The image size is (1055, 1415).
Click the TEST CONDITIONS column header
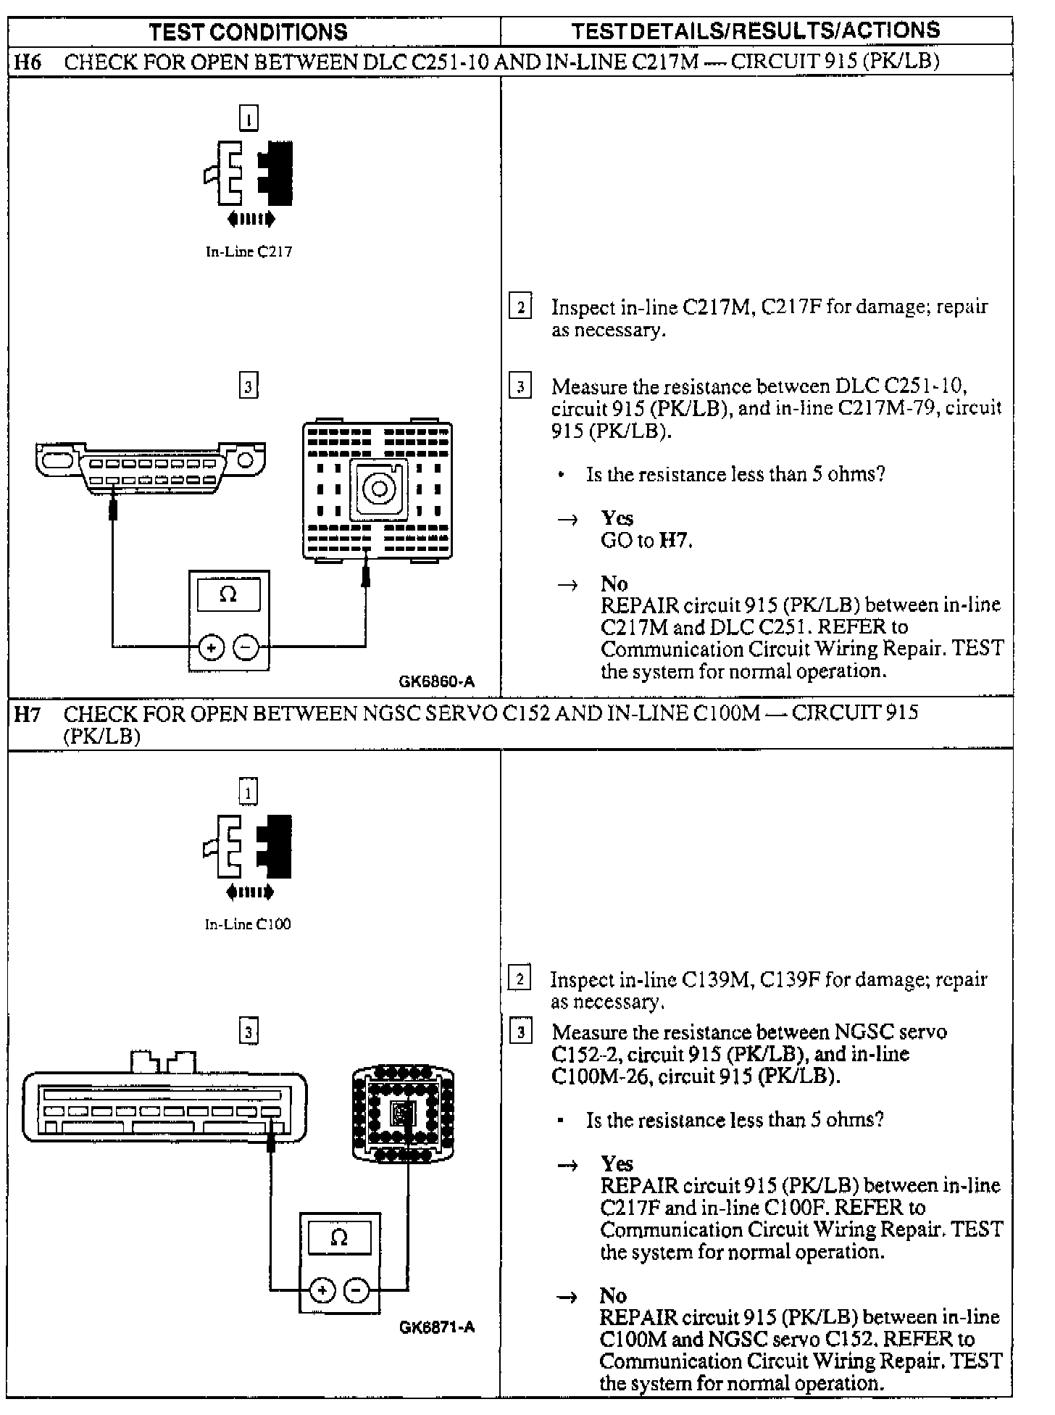coord(248,32)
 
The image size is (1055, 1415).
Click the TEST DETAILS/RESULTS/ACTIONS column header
coord(755,30)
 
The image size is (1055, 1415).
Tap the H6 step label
coord(28,62)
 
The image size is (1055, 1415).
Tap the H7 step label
coord(28,714)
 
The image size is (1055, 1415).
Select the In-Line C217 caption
coord(249,252)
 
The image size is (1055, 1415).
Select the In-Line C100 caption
coord(248,924)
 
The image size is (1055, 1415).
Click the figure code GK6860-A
coord(437,681)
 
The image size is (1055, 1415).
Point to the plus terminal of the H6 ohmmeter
coord(211,647)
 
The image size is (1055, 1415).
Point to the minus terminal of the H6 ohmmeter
coord(246,647)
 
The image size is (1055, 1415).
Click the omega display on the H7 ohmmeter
coord(339,1238)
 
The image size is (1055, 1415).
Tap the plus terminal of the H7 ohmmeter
coord(322,1290)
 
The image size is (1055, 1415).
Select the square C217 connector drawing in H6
coord(378,489)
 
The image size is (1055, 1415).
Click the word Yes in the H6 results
coord(617,518)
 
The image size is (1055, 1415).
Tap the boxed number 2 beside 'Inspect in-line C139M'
coord(520,979)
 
